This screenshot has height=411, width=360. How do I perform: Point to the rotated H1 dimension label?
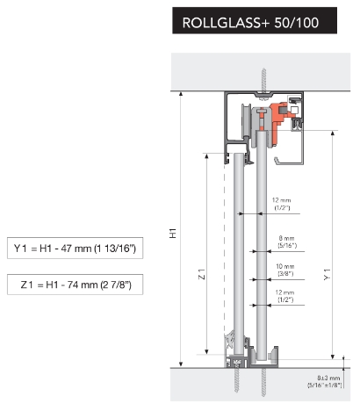point(173,234)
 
